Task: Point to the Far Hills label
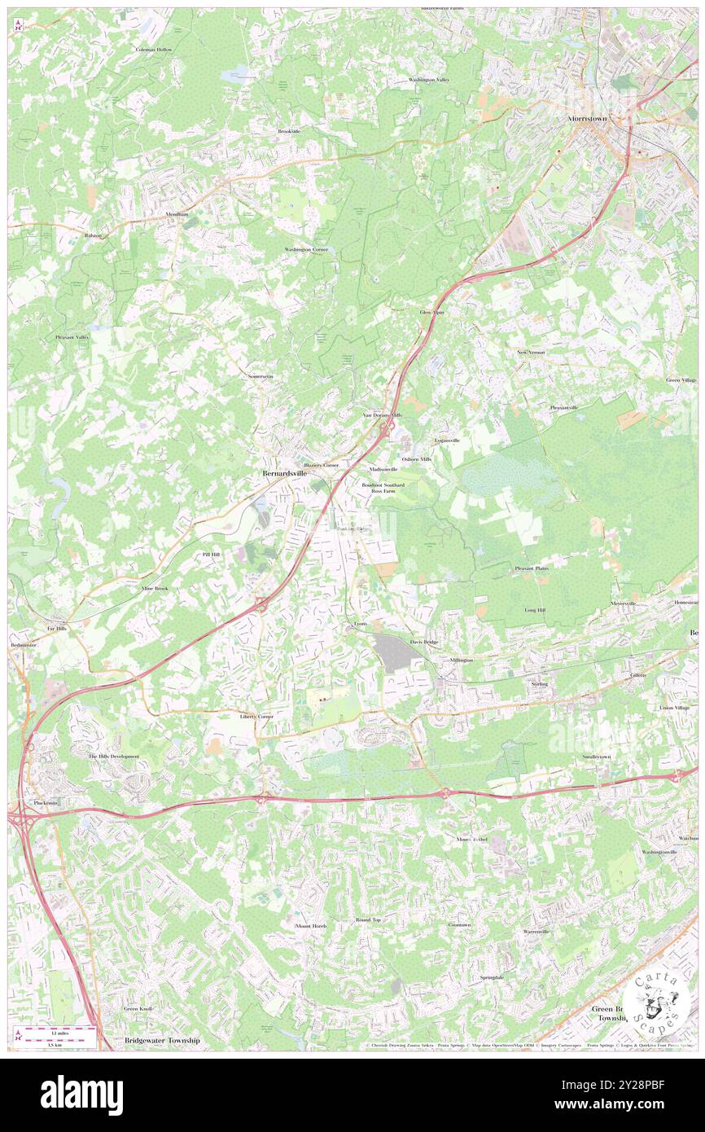(x=56, y=629)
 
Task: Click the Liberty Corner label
(x=256, y=716)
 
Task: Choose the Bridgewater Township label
(x=162, y=1041)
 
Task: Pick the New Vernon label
(x=531, y=352)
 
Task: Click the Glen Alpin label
(x=431, y=312)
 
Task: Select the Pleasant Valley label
(x=72, y=336)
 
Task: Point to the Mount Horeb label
(x=310, y=927)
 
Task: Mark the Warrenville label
(x=536, y=931)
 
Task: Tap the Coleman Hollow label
(x=154, y=50)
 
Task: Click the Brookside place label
(x=289, y=131)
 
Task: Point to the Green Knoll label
(x=138, y=1008)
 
